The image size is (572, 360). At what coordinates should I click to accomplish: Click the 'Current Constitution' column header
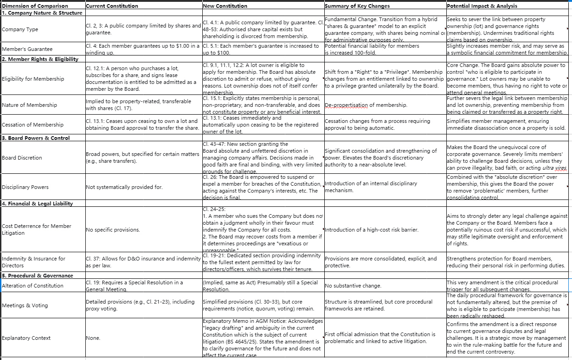pyautogui.click(x=112, y=6)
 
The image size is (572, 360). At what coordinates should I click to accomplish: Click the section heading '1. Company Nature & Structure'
pyautogui.click(x=42, y=13)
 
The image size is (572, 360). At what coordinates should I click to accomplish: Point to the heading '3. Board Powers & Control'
pyautogui.click(x=36, y=138)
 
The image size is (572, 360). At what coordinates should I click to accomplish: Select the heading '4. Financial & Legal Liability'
pyautogui.click(x=38, y=204)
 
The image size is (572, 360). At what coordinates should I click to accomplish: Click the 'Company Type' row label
pyautogui.click(x=20, y=29)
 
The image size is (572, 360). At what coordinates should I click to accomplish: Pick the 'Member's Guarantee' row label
pyautogui.click(x=27, y=49)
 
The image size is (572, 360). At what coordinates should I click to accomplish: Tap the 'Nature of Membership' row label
pyautogui.click(x=30, y=105)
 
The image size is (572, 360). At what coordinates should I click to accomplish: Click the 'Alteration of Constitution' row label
pyautogui.click(x=33, y=286)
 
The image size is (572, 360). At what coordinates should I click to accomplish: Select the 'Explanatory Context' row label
pyautogui.click(x=27, y=338)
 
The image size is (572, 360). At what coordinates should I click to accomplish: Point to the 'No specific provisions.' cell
pyautogui.click(x=113, y=230)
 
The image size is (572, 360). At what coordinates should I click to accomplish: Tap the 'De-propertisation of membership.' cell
pyautogui.click(x=366, y=105)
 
